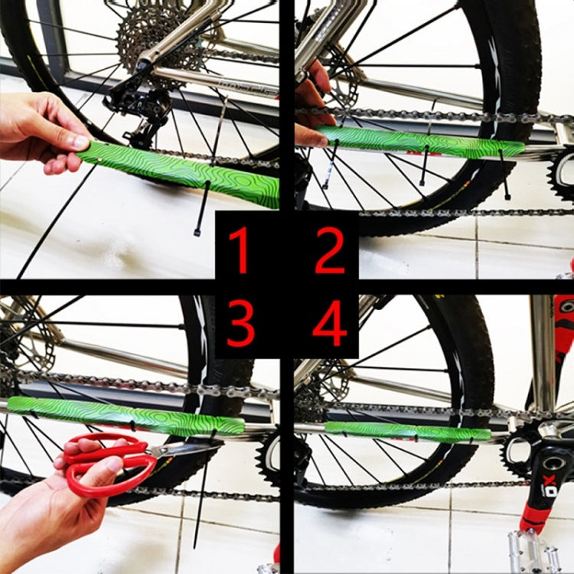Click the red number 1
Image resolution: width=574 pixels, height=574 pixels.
(240, 250)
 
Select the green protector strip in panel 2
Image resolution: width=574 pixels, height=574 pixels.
(421, 142)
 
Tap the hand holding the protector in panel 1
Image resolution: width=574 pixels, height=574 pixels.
(38, 130)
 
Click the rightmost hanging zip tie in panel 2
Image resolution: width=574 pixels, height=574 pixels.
(504, 176)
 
